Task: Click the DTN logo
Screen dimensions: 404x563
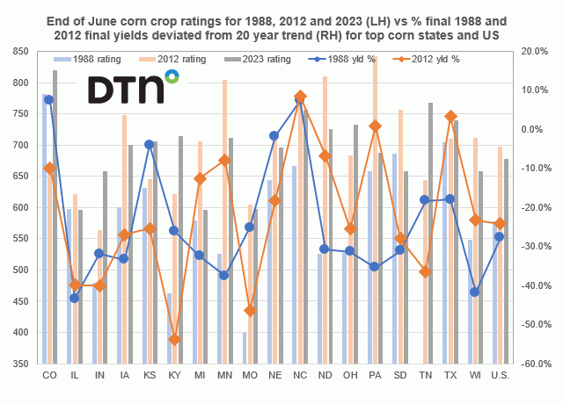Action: click(132, 90)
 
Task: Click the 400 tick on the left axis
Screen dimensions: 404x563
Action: click(20, 332)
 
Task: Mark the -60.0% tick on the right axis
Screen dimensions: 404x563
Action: click(535, 364)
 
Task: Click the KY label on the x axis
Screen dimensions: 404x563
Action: click(174, 375)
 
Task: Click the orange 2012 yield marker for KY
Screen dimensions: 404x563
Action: click(174, 340)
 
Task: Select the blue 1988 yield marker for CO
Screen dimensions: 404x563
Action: click(49, 99)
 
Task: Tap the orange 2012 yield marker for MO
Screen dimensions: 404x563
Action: click(250, 310)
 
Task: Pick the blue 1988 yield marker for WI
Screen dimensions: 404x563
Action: click(475, 292)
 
